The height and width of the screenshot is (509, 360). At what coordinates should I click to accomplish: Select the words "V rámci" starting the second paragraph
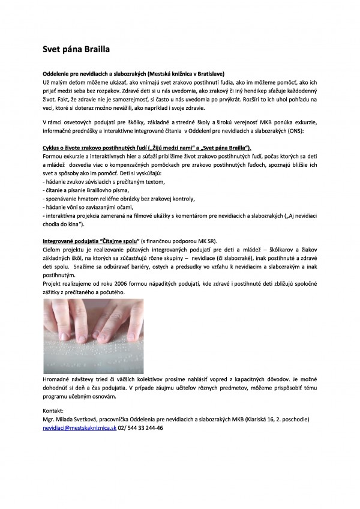click(52, 121)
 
